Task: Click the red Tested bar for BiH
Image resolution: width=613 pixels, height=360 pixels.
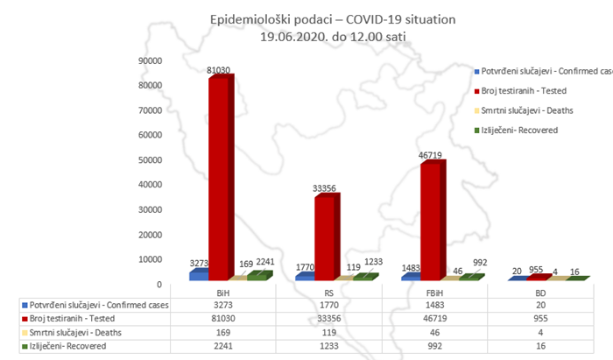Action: tap(218, 175)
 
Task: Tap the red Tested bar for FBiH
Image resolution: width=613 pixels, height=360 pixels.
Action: tap(430, 219)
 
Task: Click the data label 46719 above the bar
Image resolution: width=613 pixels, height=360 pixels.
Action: tap(430, 156)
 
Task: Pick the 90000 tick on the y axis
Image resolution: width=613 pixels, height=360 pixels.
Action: tap(151, 60)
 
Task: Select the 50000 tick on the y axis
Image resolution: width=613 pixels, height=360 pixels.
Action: tap(151, 160)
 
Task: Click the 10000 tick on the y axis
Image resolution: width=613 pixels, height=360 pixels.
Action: tap(151, 260)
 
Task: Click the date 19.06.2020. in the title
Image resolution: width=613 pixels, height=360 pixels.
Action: tap(299, 36)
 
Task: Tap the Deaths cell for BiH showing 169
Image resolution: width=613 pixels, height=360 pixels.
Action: tap(222, 333)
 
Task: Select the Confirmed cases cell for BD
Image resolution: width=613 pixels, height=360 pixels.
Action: tap(539, 306)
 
